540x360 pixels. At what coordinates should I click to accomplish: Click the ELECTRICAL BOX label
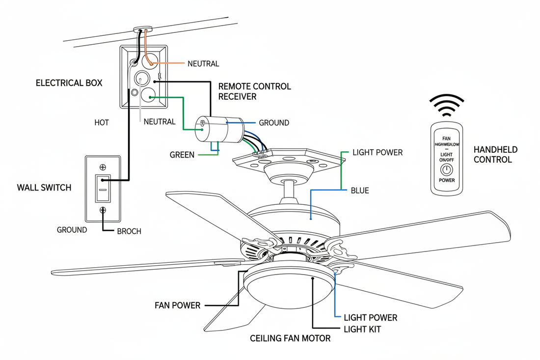(69, 83)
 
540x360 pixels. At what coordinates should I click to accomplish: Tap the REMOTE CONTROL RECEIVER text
(254, 92)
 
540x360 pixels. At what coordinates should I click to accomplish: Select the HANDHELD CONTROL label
(495, 155)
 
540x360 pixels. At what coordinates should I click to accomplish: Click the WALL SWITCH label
(44, 188)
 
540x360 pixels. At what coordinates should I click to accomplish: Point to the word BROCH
(129, 231)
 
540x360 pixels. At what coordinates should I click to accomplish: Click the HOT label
(102, 122)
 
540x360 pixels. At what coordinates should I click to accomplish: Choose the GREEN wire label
(182, 155)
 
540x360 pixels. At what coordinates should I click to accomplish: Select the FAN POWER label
(177, 305)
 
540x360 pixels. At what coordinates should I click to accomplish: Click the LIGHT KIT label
(362, 329)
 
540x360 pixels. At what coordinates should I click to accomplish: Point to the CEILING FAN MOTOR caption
(290, 338)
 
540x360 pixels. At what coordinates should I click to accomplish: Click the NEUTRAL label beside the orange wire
(203, 64)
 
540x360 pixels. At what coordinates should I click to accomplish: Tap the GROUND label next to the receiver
(274, 123)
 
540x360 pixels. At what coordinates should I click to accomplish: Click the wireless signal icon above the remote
(446, 105)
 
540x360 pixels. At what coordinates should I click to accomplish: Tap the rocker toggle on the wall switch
(103, 188)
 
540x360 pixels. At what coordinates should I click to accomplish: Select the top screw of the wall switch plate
(103, 166)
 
